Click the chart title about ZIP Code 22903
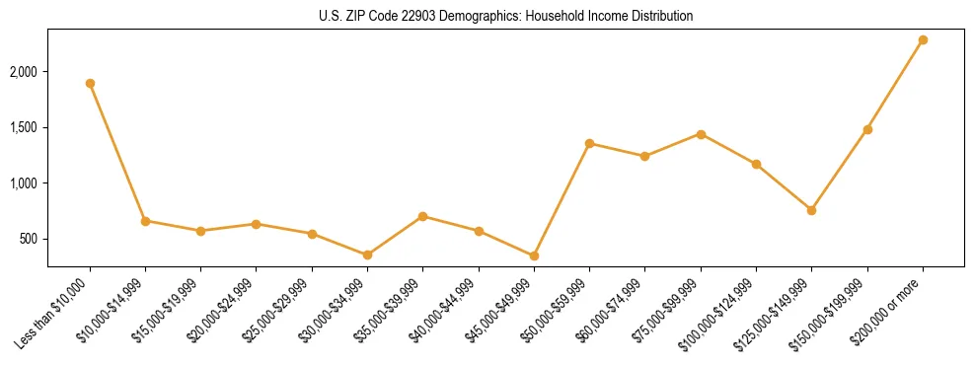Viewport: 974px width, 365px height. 505,16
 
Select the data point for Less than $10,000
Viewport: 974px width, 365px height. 90,83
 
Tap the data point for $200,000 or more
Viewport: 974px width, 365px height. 923,39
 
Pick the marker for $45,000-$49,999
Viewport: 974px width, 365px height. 534,255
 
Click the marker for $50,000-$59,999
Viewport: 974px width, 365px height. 589,143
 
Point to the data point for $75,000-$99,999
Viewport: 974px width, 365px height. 701,134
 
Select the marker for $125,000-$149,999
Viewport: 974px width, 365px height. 811,210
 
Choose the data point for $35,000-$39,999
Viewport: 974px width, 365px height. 422,216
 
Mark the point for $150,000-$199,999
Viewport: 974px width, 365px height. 867,129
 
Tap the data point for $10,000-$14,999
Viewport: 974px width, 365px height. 145,221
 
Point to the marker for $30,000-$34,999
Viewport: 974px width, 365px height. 367,255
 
